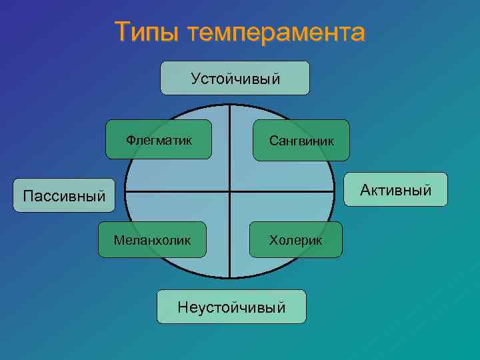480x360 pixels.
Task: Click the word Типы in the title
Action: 146,32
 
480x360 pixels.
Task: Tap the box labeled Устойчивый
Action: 235,78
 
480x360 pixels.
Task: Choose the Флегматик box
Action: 159,139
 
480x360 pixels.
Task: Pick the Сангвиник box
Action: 301,140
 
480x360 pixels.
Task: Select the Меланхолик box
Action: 152,239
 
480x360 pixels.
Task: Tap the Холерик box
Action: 295,239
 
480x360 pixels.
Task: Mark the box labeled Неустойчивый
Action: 231,307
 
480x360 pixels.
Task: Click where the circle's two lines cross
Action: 229,191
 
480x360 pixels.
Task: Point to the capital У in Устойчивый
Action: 195,79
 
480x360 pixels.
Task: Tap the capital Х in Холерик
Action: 273,239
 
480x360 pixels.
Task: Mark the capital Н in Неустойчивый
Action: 182,307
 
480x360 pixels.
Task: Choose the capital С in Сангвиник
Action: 273,141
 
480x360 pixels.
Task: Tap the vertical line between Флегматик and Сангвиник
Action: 229,140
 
